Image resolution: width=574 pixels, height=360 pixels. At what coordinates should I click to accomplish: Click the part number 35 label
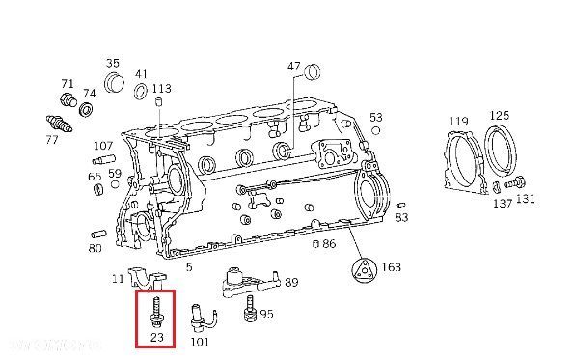(112, 61)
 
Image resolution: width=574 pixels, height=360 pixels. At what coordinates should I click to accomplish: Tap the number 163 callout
(392, 267)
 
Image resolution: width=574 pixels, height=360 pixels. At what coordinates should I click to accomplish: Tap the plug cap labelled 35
(115, 82)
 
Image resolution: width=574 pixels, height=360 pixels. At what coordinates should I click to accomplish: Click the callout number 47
(294, 67)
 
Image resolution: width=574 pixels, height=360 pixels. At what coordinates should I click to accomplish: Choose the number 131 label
(526, 200)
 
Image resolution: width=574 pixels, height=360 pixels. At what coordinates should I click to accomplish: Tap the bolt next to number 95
(251, 311)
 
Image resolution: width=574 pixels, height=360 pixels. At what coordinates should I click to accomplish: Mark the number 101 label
(201, 340)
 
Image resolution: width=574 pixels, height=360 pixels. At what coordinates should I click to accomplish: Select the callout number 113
(161, 89)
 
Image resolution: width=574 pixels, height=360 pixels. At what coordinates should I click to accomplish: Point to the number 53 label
(376, 117)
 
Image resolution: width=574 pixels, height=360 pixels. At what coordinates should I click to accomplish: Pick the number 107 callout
(103, 147)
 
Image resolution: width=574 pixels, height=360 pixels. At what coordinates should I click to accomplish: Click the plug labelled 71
(68, 100)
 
